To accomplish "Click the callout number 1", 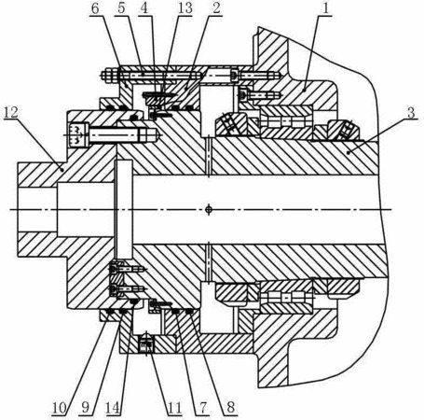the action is (325, 8).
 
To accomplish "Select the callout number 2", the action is (216, 8).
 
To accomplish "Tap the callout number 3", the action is (411, 113).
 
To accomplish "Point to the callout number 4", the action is (144, 8).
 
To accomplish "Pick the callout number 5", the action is (121, 8).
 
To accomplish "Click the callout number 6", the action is (95, 8).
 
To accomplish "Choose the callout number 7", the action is (202, 408).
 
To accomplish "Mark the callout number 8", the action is (230, 408).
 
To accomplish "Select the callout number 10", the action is (59, 408).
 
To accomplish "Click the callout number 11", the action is (174, 408).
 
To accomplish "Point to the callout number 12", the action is (11, 112).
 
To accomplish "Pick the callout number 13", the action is (185, 8).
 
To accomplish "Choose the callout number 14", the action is (113, 408).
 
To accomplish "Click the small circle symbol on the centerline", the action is (209, 209).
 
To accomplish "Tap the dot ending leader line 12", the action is (62, 170).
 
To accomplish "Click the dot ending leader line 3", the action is (349, 152).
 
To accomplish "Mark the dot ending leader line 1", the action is (304, 90).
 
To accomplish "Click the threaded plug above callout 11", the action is (146, 343).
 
